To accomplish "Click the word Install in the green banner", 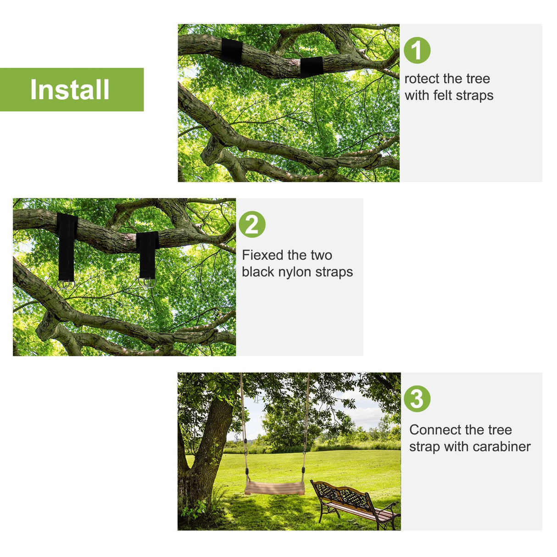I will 70,89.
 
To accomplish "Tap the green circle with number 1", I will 417,50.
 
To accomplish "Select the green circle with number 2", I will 252,224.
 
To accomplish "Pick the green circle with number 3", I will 417,399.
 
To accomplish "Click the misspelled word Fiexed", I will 264,255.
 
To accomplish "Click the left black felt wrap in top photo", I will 232,50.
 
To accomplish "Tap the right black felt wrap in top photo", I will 312,67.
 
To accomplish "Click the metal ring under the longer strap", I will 66,285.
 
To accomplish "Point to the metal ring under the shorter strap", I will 147,282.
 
